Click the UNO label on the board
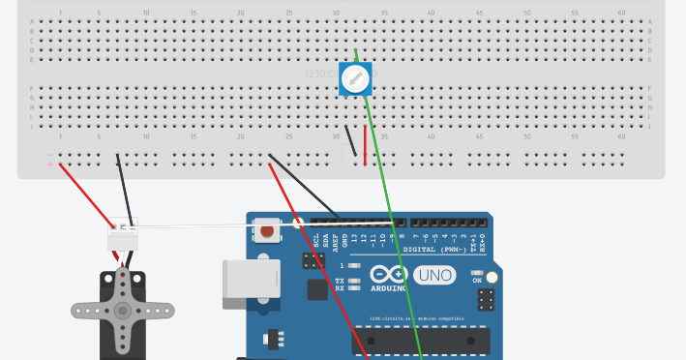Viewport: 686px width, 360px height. (434, 276)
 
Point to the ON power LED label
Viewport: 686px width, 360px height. (476, 281)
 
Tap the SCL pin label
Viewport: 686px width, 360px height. (317, 239)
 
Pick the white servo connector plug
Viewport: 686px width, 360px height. (123, 233)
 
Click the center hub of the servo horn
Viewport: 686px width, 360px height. (123, 311)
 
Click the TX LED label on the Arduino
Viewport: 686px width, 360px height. (340, 281)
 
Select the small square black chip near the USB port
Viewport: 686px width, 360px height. (317, 288)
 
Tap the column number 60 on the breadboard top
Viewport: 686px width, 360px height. (621, 13)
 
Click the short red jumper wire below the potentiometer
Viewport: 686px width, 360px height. (365, 145)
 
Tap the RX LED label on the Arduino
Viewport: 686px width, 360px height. (340, 288)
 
